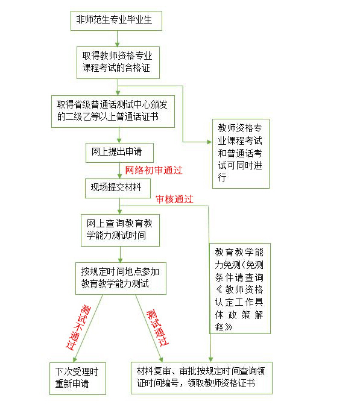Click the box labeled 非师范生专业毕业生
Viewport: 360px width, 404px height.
click(x=116, y=21)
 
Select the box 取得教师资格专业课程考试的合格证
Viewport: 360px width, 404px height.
click(x=118, y=63)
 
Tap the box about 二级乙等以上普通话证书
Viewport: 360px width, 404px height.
click(x=113, y=112)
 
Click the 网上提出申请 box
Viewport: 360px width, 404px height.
click(x=119, y=153)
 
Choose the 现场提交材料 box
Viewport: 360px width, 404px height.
click(x=118, y=188)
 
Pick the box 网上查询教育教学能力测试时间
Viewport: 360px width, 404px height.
click(x=120, y=230)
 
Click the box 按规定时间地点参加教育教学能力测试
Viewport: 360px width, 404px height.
click(x=121, y=279)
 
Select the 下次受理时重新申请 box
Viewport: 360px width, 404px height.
click(x=78, y=379)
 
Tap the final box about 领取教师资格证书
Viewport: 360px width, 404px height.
click(x=201, y=378)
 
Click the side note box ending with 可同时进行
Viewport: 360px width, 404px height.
click(x=241, y=154)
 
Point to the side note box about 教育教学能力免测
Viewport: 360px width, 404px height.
click(x=239, y=288)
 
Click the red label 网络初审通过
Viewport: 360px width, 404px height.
click(x=154, y=170)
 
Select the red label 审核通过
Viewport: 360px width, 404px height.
click(x=174, y=199)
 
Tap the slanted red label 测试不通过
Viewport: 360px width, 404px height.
click(x=78, y=327)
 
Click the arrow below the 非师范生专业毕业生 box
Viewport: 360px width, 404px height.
click(x=117, y=39)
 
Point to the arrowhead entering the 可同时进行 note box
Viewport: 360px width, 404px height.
click(x=209, y=142)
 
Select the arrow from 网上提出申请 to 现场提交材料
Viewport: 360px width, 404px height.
click(x=119, y=171)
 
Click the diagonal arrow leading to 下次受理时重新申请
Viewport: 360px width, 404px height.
click(x=88, y=329)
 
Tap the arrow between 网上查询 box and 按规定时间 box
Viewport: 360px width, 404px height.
click(x=120, y=254)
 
